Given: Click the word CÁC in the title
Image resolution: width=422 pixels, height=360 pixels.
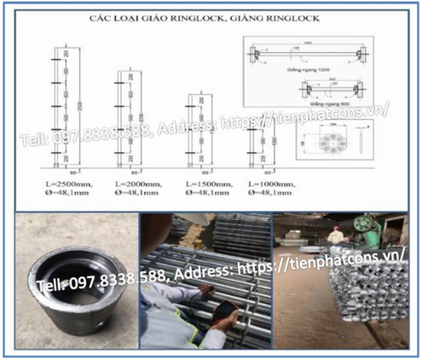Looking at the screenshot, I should coord(127,15).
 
